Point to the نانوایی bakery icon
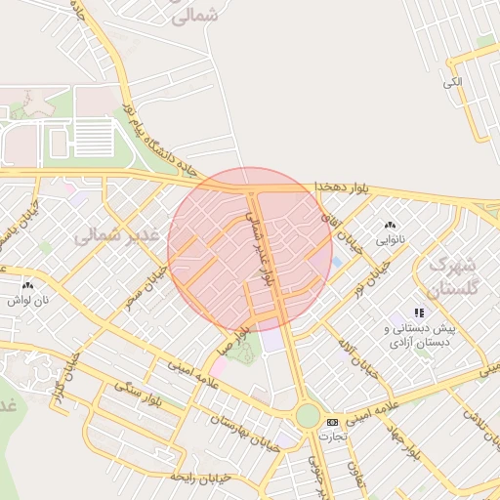(391, 225)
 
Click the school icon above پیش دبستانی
(419, 312)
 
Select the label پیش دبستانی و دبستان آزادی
(421, 337)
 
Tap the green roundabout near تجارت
(308, 416)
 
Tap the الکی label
(451, 82)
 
